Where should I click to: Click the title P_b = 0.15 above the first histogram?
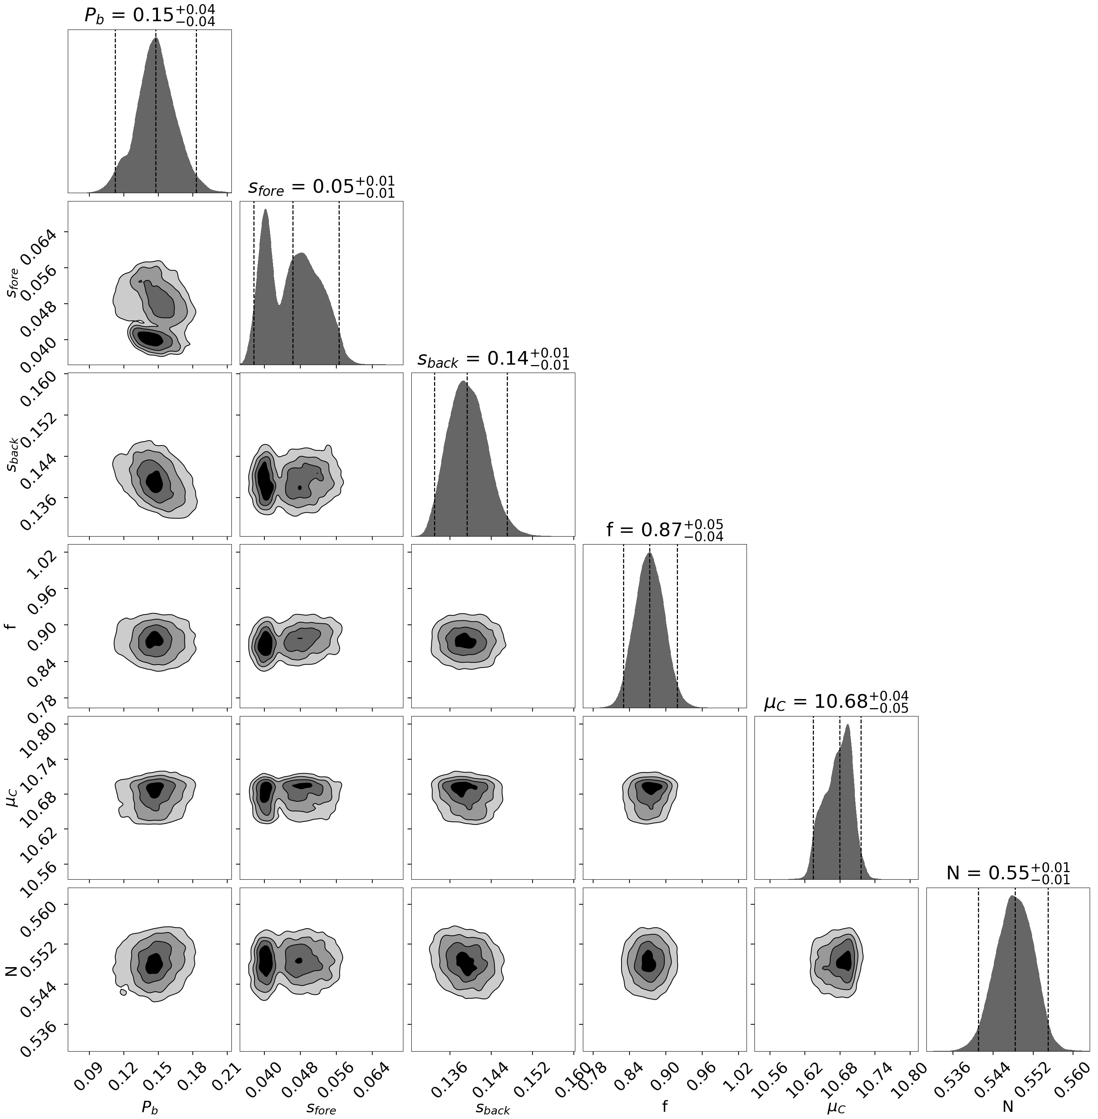[149, 15]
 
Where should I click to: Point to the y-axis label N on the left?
[10, 970]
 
